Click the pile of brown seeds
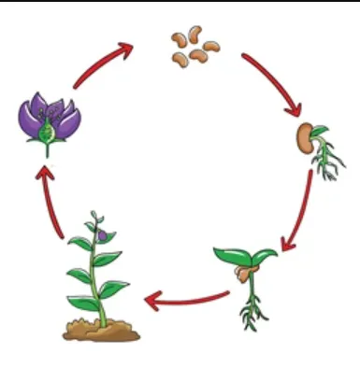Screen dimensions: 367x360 coord(193,48)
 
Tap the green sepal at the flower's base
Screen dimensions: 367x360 coord(46,138)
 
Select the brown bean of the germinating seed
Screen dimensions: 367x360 coord(303,138)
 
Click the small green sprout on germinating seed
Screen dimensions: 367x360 coord(320,131)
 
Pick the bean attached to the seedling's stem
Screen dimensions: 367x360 coord(243,274)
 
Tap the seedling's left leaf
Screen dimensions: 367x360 coord(230,253)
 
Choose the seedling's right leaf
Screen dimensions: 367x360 coord(264,254)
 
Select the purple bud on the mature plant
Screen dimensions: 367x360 coord(102,235)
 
